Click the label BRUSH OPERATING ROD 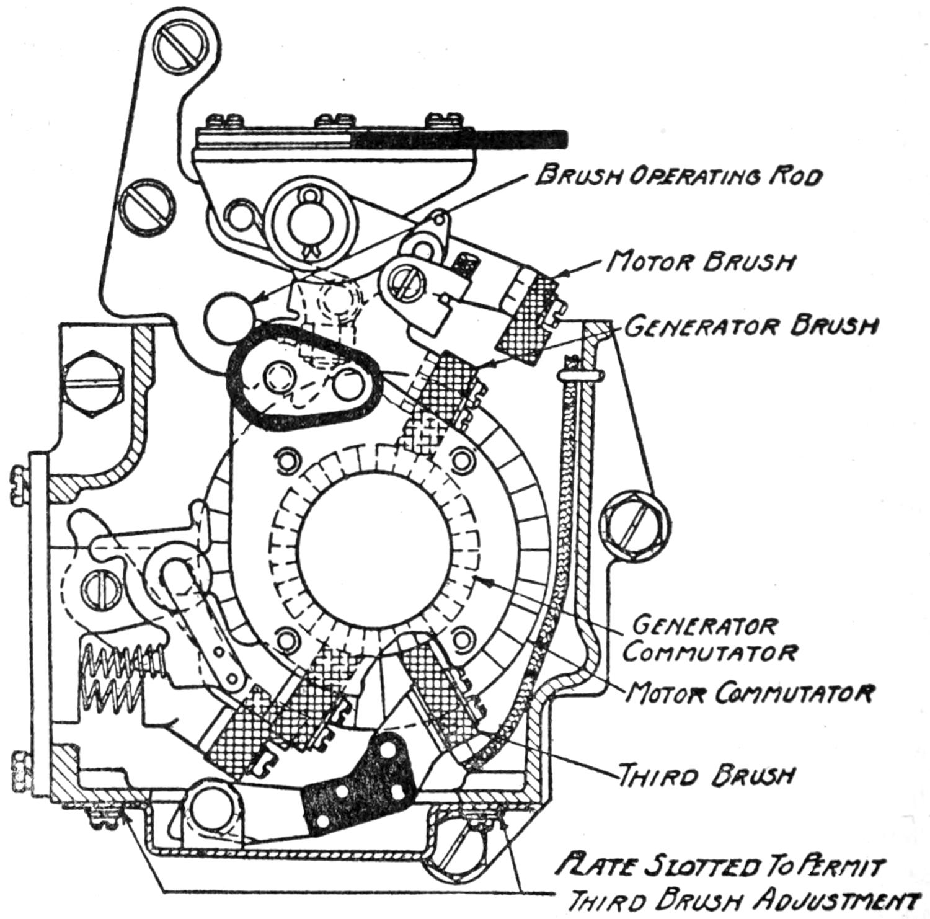pyautogui.click(x=679, y=176)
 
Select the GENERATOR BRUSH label pyautogui.click(x=750, y=326)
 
